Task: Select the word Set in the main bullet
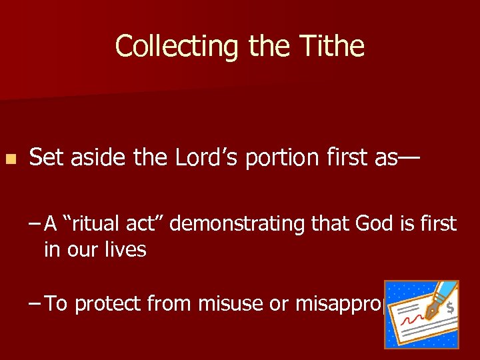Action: pyautogui.click(x=44, y=157)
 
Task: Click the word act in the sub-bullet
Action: pyautogui.click(x=145, y=224)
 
